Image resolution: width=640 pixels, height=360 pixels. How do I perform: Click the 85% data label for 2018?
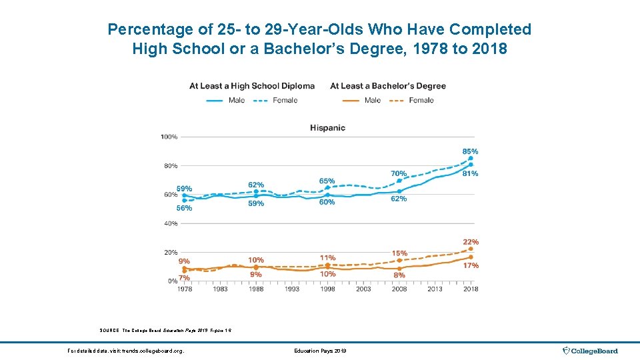pyautogui.click(x=470, y=151)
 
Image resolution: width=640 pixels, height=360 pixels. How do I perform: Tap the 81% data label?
pyautogui.click(x=470, y=173)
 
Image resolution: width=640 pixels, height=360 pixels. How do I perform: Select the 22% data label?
pyautogui.click(x=470, y=242)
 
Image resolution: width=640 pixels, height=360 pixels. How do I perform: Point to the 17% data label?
pyautogui.click(x=470, y=265)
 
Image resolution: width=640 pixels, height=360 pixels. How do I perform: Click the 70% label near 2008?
pyautogui.click(x=399, y=173)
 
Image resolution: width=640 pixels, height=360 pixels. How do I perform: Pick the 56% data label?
pyautogui.click(x=184, y=208)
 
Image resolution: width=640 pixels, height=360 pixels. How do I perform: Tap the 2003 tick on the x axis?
pyautogui.click(x=363, y=289)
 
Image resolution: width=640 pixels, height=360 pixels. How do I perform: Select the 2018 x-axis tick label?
pyautogui.click(x=471, y=289)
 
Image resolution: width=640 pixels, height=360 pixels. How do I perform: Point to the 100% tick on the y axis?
pyautogui.click(x=169, y=137)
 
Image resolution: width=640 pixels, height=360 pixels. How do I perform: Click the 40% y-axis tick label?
pyautogui.click(x=170, y=223)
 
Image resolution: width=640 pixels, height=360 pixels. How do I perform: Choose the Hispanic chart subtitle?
pyautogui.click(x=327, y=127)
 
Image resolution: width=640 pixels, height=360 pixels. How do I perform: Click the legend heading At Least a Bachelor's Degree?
pyautogui.click(x=388, y=86)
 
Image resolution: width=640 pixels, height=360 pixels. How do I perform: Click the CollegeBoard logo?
pyautogui.click(x=591, y=351)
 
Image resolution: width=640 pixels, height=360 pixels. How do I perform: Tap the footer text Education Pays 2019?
pyautogui.click(x=319, y=351)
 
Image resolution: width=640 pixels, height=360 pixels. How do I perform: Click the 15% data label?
pyautogui.click(x=399, y=253)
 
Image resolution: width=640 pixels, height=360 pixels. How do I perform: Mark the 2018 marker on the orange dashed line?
pyautogui.click(x=471, y=249)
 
